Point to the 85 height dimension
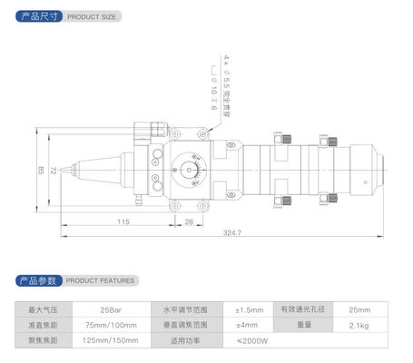(x=40, y=170)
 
